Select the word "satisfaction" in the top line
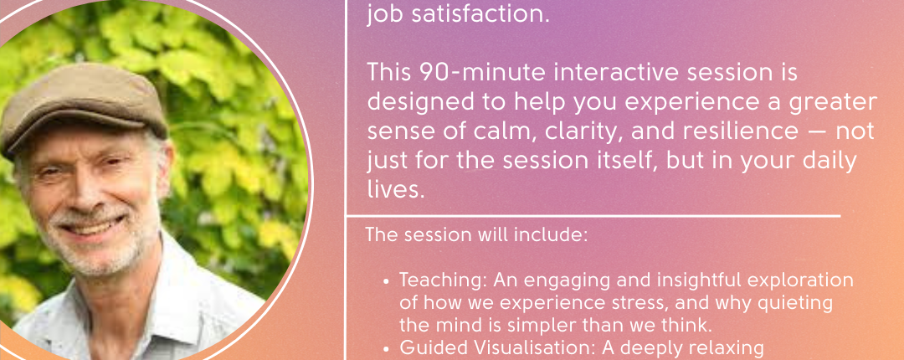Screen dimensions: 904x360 pyautogui.click(x=478, y=14)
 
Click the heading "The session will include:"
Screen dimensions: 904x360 pyautogui.click(x=476, y=235)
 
